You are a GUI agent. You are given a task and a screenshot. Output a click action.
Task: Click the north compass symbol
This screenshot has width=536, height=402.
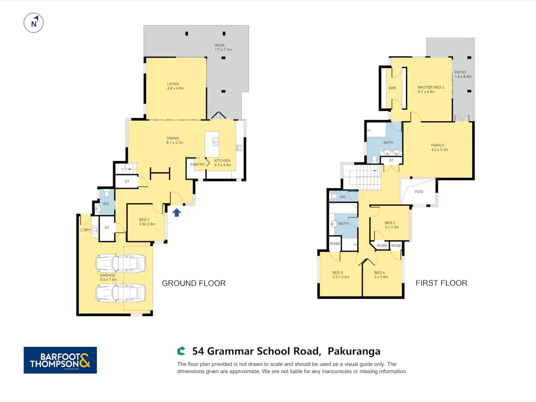click(x=33, y=23)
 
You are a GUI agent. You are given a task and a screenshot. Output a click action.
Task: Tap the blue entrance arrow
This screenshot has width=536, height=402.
click(x=177, y=212)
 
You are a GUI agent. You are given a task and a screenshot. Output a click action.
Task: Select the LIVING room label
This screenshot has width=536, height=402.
click(x=175, y=86)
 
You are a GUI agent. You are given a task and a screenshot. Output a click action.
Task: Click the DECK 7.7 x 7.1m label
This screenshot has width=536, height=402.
click(x=223, y=47)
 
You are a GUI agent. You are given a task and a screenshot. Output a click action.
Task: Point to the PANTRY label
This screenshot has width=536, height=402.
click(x=198, y=165)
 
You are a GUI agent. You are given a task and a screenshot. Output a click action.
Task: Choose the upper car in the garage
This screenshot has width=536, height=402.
click(x=121, y=263)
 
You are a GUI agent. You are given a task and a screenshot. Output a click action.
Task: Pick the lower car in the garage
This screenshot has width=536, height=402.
click(x=121, y=293)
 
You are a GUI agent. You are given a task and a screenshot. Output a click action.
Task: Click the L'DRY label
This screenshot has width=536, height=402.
click(x=86, y=230)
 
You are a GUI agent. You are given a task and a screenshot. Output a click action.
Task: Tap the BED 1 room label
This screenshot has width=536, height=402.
click(x=147, y=222)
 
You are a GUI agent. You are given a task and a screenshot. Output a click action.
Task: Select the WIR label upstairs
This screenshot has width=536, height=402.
click(x=392, y=88)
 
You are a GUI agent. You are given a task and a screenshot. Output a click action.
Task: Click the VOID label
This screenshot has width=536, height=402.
click(x=419, y=192)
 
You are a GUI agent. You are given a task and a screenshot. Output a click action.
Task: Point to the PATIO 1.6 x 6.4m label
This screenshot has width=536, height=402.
click(x=463, y=75)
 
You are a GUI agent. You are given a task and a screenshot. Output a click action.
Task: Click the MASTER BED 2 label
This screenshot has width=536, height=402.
click(x=431, y=90)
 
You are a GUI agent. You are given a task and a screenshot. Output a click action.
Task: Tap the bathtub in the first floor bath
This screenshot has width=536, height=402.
click(x=343, y=209)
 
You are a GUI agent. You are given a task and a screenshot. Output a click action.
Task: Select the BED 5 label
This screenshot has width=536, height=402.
click(x=340, y=275)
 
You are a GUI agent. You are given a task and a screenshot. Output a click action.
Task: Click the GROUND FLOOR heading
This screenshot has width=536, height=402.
click(x=193, y=283)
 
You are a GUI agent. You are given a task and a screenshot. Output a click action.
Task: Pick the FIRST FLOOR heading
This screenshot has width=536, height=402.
click(x=441, y=283)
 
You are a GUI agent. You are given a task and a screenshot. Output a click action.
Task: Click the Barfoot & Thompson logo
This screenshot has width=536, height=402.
click(x=60, y=360)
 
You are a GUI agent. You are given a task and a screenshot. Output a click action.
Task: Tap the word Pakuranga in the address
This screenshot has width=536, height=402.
click(x=354, y=351)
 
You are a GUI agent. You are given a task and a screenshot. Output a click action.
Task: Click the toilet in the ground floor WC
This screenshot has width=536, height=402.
click(x=106, y=193)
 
